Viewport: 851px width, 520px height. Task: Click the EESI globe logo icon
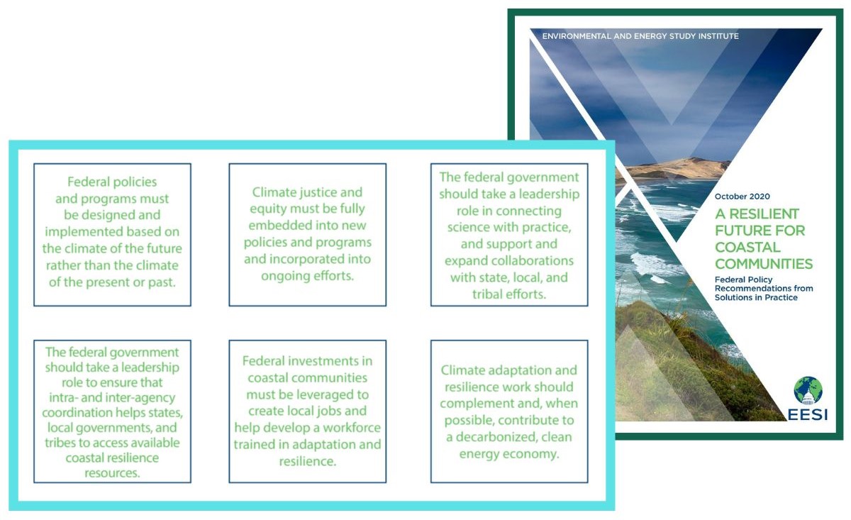[x=808, y=391]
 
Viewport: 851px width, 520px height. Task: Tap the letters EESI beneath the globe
[x=808, y=415]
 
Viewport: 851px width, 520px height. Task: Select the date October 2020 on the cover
[x=742, y=197]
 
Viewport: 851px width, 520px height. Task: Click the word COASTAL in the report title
[x=747, y=247]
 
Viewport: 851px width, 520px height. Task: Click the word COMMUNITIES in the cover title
[x=764, y=264]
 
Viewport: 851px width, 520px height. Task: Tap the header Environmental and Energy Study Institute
[x=640, y=36]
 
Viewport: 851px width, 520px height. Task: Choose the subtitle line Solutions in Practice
[x=756, y=297]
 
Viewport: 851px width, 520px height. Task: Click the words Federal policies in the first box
[x=112, y=182]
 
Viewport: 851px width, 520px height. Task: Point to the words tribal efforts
[x=509, y=294]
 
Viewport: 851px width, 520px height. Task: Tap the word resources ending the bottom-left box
[x=112, y=473]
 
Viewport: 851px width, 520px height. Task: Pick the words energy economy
[x=509, y=454]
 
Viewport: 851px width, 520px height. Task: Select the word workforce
[x=352, y=428]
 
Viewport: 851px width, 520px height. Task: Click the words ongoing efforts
[x=307, y=275]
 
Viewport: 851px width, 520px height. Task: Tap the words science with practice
[x=509, y=227]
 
